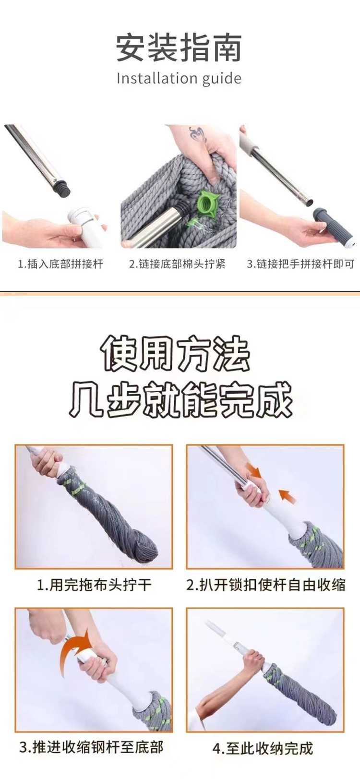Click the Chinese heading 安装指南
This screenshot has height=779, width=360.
click(179, 48)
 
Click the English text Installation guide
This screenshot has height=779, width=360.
click(179, 78)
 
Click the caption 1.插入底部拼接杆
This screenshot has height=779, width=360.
click(60, 264)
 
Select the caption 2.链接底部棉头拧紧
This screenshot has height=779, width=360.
click(177, 264)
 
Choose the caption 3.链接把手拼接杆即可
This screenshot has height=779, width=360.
click(300, 264)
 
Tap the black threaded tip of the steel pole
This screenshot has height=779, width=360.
click(62, 189)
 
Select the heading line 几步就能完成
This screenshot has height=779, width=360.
click(180, 400)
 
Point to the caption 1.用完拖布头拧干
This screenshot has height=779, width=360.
click(94, 585)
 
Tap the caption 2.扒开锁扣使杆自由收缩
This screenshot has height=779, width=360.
click(265, 585)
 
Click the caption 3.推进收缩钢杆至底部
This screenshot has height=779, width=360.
click(91, 747)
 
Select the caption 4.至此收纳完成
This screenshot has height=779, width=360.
click(263, 748)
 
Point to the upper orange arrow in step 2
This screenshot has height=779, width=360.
click(253, 470)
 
